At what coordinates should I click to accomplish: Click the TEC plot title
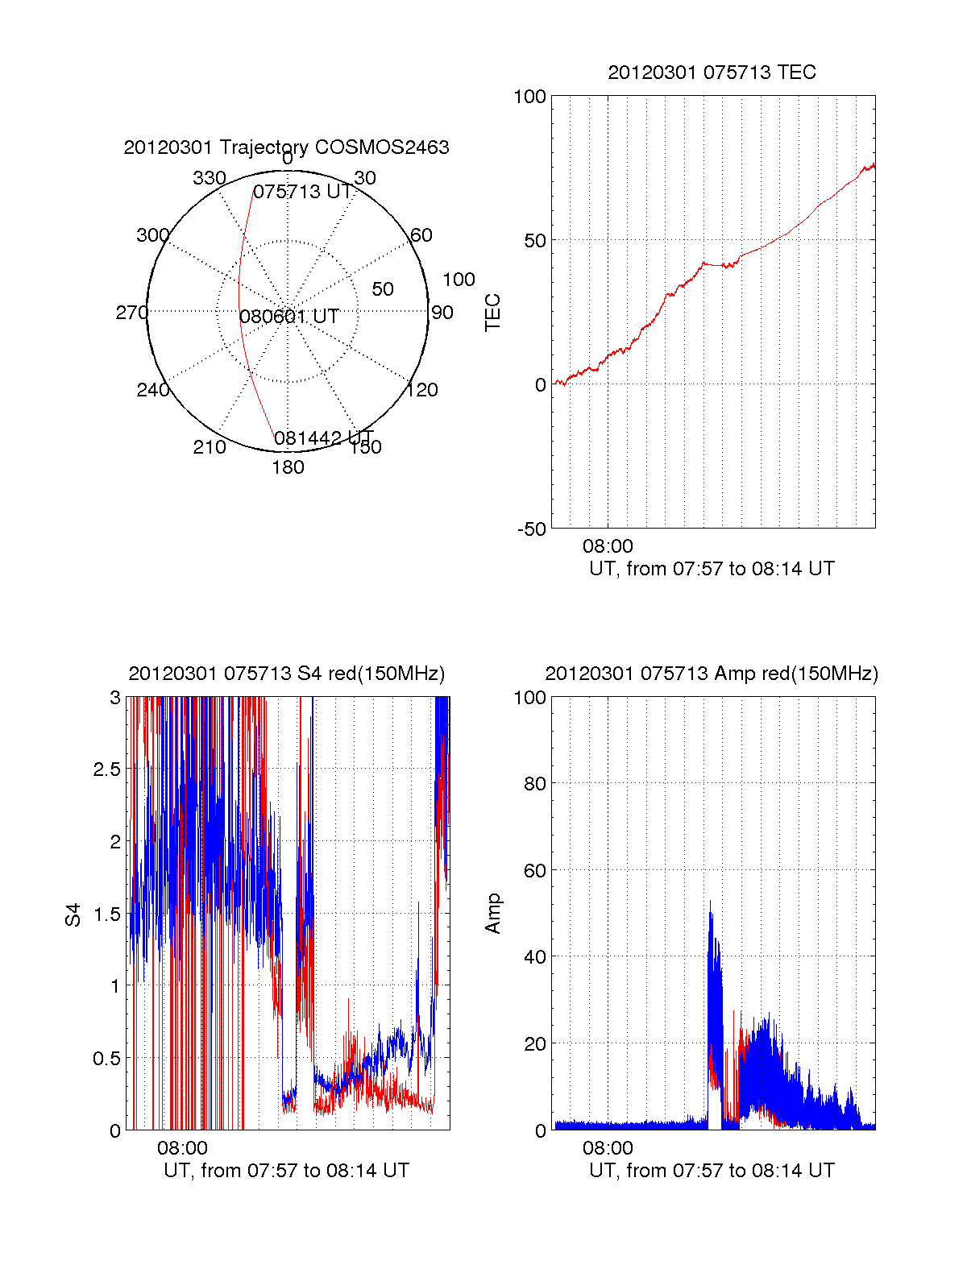(x=712, y=73)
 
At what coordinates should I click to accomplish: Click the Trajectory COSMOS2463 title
(x=286, y=147)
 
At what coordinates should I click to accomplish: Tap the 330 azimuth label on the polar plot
(x=209, y=178)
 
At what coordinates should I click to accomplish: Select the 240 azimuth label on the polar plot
(x=152, y=390)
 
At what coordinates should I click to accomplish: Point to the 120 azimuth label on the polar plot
(x=422, y=390)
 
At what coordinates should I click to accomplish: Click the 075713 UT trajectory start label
(x=303, y=192)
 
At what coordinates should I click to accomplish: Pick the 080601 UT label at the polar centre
(x=288, y=317)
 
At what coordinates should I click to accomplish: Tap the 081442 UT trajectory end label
(x=323, y=438)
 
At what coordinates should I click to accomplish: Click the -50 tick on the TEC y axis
(x=531, y=529)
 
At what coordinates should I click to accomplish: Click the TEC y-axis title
(x=493, y=313)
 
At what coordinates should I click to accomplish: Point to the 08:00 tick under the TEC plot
(x=608, y=546)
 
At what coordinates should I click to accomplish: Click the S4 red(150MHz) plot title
(x=286, y=674)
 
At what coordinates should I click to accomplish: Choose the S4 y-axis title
(x=73, y=914)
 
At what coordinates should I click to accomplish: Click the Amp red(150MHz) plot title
(x=712, y=674)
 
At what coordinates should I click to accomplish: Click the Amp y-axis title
(x=493, y=914)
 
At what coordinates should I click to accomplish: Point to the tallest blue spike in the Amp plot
(x=710, y=903)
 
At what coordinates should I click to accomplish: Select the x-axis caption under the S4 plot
(x=286, y=1171)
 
